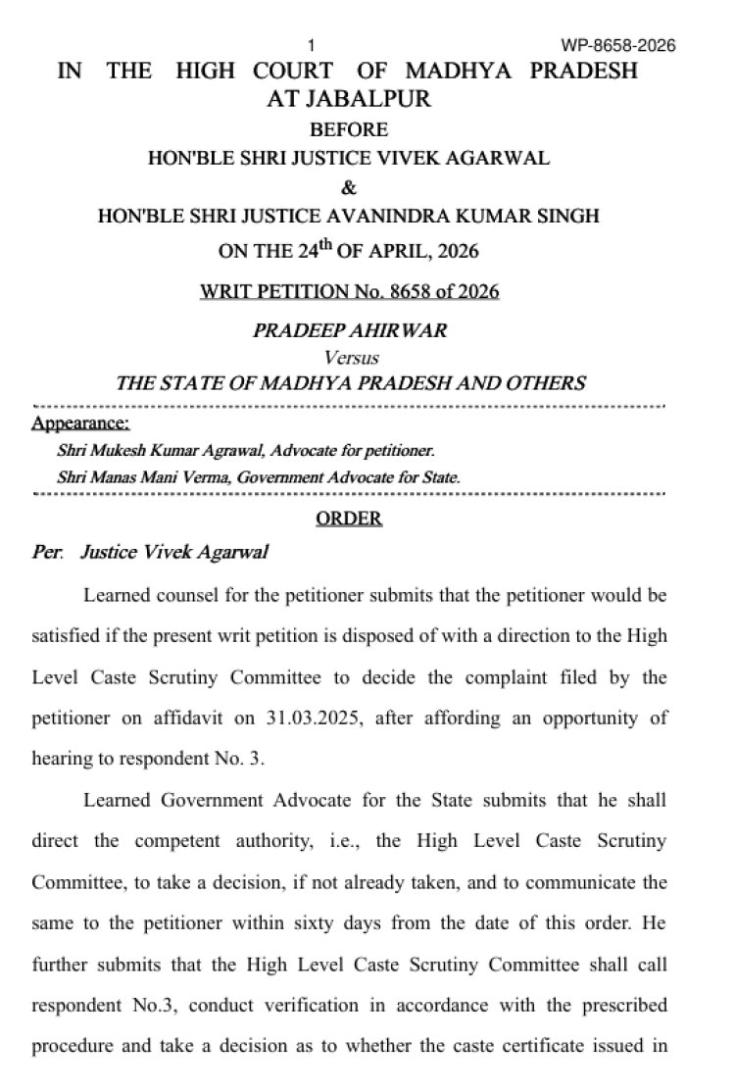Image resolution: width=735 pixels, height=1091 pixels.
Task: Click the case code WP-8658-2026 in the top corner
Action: tap(618, 46)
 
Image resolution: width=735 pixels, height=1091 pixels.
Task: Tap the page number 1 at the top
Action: tap(312, 46)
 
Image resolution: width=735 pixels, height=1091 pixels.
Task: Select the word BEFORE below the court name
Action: tap(349, 129)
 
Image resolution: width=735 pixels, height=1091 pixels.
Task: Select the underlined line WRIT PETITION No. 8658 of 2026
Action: tap(349, 291)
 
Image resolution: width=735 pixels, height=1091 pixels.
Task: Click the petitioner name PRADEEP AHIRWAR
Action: tap(349, 330)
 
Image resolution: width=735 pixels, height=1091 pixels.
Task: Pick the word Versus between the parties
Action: tap(351, 358)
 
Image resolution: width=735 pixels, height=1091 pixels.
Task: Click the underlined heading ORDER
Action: tap(349, 518)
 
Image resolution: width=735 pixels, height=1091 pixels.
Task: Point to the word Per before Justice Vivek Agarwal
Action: tap(46, 552)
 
